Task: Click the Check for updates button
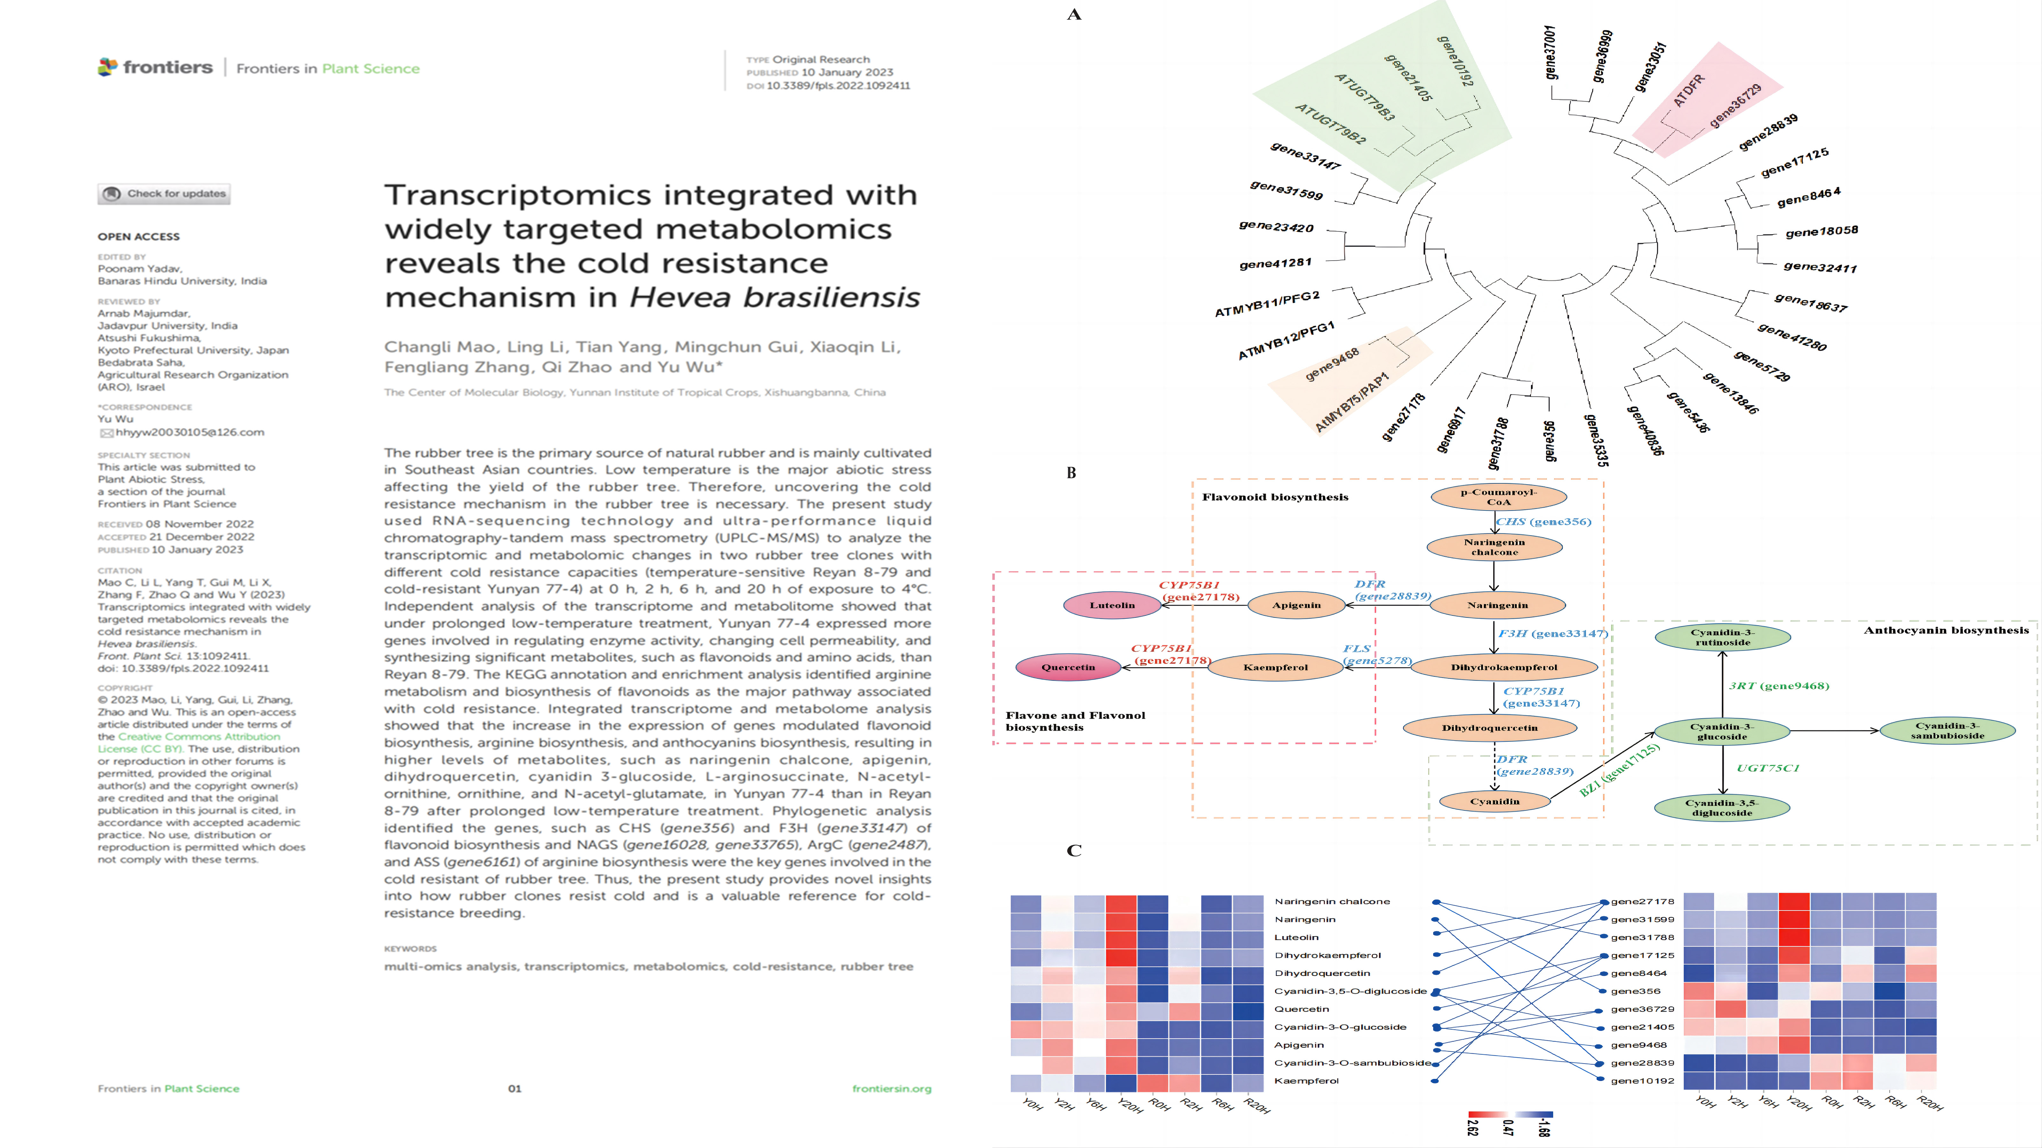click(x=164, y=193)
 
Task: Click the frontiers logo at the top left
click(x=155, y=67)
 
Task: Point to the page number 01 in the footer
click(x=514, y=1089)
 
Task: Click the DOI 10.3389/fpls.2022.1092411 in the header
click(x=838, y=86)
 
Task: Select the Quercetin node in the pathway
click(x=1068, y=667)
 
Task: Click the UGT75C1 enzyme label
click(x=1768, y=768)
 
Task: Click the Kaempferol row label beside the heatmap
click(x=1306, y=1081)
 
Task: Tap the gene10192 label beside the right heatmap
click(x=1643, y=1081)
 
